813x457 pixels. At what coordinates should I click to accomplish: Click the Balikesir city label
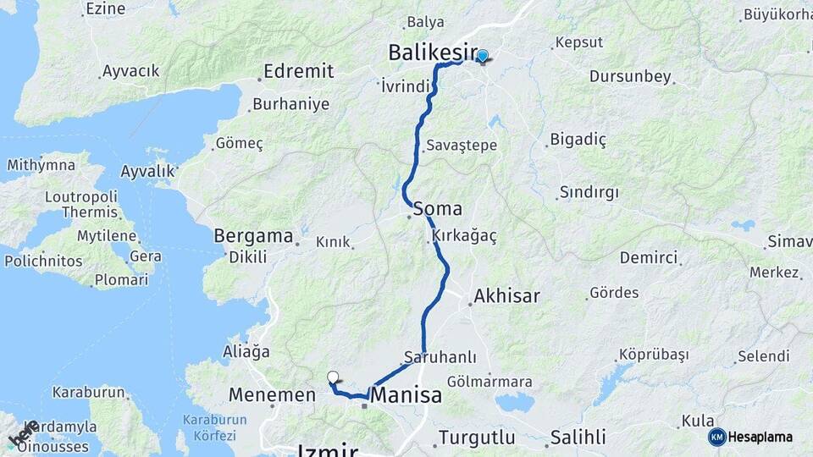coord(433,52)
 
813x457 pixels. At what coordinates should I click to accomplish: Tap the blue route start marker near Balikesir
coord(482,57)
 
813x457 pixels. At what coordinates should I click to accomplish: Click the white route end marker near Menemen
coord(333,377)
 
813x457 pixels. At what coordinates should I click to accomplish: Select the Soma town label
coord(438,209)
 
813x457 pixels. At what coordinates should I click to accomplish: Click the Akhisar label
coord(506,296)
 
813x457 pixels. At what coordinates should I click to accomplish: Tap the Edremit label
coord(298,71)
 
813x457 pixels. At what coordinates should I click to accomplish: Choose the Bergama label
coord(253,235)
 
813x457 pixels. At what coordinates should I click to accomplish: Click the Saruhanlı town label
coord(440,357)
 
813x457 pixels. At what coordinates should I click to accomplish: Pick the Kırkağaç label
coord(464,236)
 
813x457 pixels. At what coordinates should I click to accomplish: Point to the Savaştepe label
coord(462,145)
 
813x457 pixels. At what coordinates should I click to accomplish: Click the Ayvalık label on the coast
coord(147,172)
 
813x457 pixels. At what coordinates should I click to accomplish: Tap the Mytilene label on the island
coord(107,235)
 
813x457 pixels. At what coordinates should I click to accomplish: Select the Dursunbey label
coord(630,76)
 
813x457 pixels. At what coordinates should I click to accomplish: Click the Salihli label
coord(578,438)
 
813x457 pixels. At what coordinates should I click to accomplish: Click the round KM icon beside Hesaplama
coord(716,437)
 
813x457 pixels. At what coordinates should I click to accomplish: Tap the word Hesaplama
coord(760,438)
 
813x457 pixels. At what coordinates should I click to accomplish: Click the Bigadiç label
coord(578,139)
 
